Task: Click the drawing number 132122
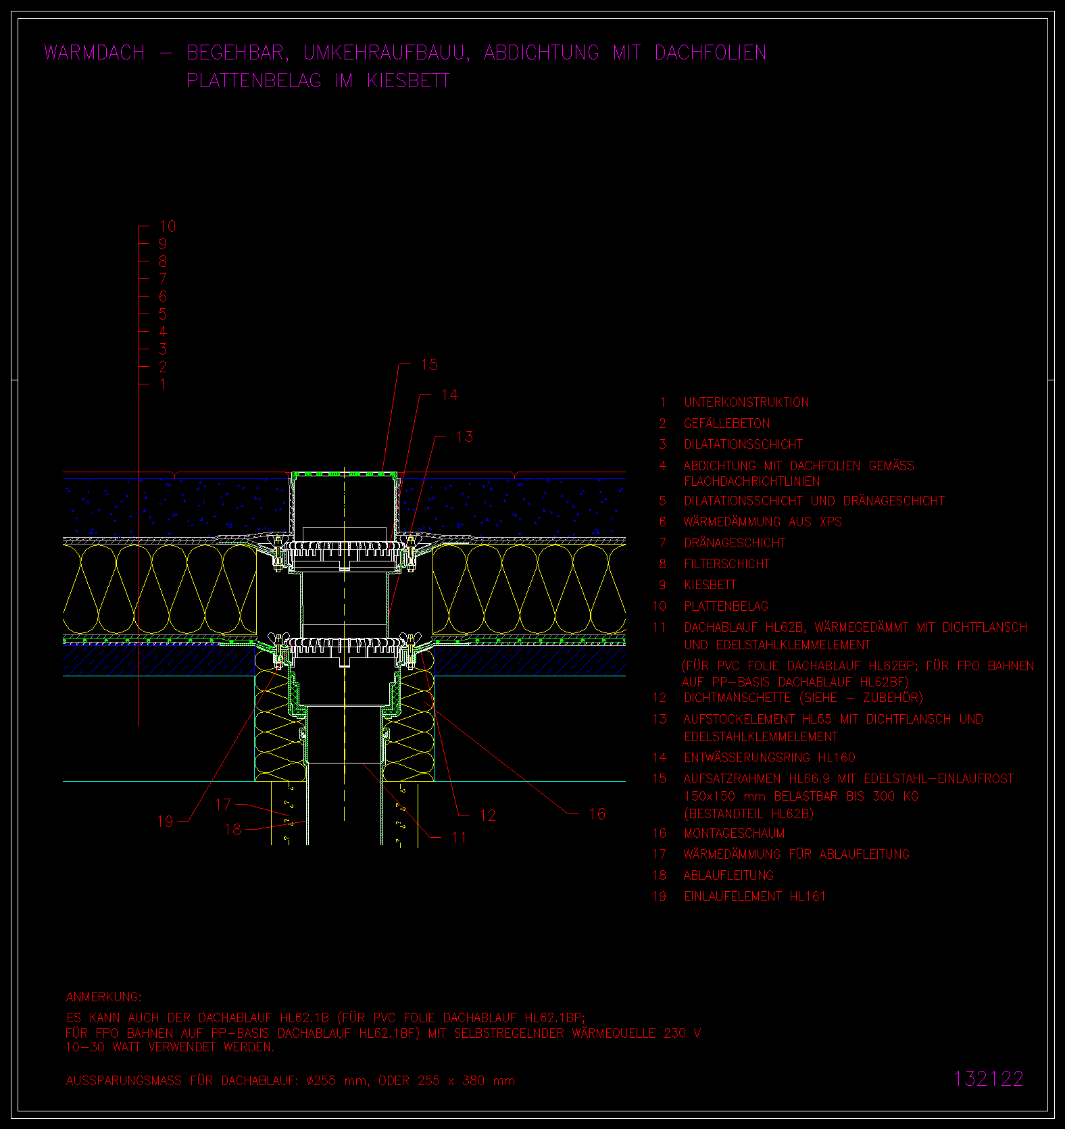pos(989,1078)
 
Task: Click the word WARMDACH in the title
pos(95,53)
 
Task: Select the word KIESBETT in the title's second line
pos(408,80)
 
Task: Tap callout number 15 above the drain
pos(430,365)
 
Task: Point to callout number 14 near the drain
pos(449,395)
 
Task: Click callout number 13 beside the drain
pos(465,436)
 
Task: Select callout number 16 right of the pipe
pos(597,813)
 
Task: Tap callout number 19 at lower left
pos(165,822)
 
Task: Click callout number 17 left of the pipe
pos(223,804)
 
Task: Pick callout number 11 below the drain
pos(459,838)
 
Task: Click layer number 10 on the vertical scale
pos(168,226)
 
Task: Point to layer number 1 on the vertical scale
pos(162,384)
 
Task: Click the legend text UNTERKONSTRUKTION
pos(746,403)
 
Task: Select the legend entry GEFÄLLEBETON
pos(726,424)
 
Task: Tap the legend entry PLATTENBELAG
pos(726,606)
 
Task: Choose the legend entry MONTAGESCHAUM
pos(734,833)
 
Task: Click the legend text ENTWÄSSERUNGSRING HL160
pos(770,757)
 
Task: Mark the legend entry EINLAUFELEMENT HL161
pos(755,896)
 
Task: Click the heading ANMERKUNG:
pos(104,997)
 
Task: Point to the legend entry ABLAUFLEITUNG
pos(728,875)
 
